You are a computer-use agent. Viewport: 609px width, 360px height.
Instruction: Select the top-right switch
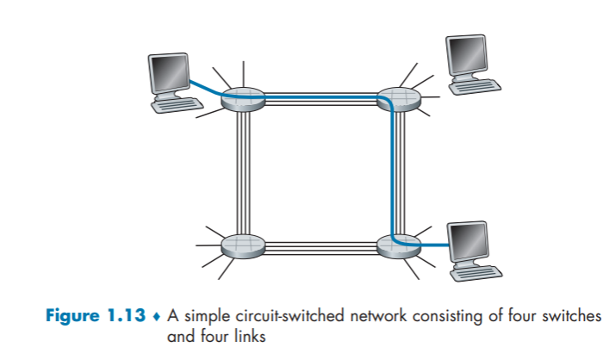pyautogui.click(x=398, y=100)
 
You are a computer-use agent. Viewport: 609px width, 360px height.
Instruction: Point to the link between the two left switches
pyautogui.click(x=242, y=172)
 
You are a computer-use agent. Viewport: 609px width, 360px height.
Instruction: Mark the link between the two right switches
pyautogui.click(x=397, y=172)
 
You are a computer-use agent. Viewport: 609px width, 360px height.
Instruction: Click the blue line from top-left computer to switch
pyautogui.click(x=207, y=88)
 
